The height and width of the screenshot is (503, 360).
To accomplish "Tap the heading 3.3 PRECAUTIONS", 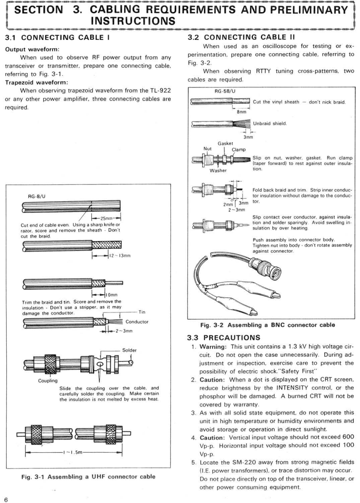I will click(221, 337).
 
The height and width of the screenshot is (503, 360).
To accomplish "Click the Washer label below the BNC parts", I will click(217, 170).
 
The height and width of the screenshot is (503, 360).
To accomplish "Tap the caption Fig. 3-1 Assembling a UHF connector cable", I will click(89, 477).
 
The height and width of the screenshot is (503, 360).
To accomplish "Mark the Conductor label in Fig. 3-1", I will click(137, 322).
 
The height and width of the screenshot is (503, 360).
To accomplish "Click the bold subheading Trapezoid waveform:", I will click(36, 82).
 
